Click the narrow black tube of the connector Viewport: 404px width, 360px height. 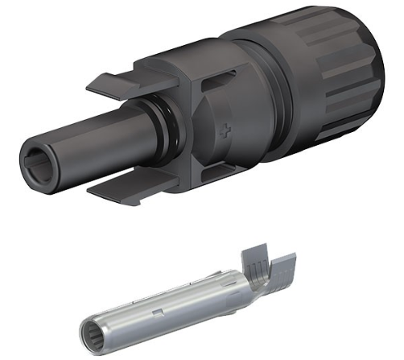(x=97, y=145)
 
